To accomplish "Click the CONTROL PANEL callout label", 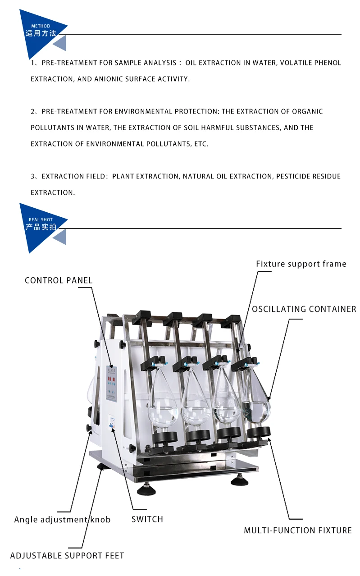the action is tap(59, 280).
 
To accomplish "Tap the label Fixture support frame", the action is tap(301, 264).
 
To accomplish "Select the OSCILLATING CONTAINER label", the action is tap(304, 309).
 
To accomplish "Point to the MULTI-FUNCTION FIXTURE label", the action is tap(298, 530).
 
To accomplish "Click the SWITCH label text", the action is tap(147, 519).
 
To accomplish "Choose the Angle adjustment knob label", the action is tap(62, 520).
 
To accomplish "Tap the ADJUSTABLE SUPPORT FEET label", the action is tap(67, 556).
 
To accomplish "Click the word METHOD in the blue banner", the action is tap(41, 26).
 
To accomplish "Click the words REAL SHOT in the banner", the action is tap(41, 220).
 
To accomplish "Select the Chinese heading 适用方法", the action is tap(41, 33).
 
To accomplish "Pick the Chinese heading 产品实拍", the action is tap(41, 227).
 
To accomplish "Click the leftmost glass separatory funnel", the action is tap(163, 401).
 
